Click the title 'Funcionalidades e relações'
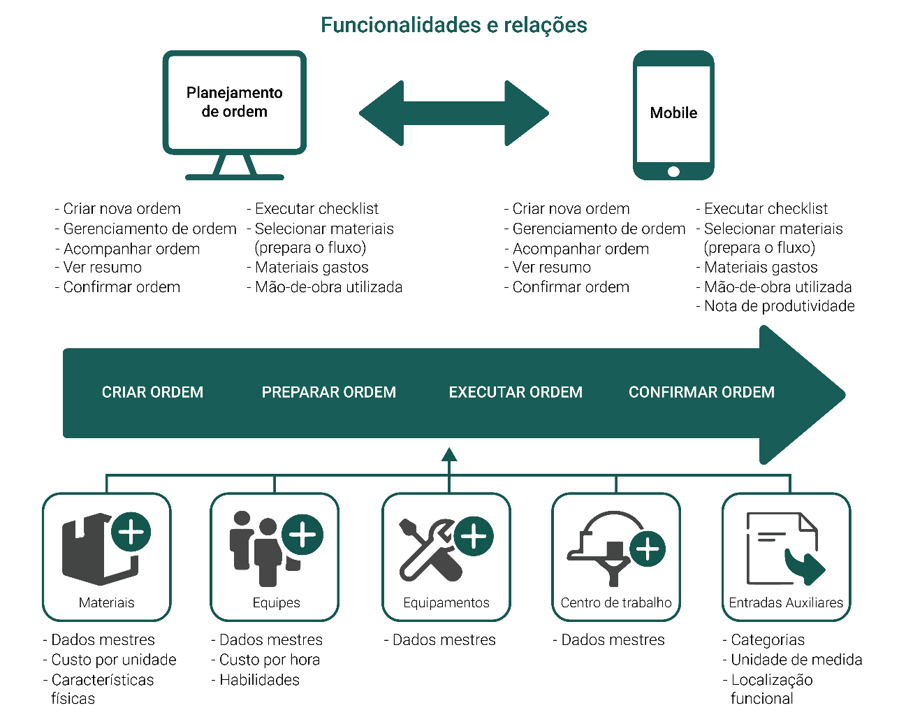[453, 25]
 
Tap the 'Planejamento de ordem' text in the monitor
[235, 102]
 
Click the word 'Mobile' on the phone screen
[673, 113]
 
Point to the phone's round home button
[673, 171]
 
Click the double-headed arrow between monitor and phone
[454, 113]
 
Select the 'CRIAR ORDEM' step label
[152, 392]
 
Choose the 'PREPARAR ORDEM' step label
[329, 392]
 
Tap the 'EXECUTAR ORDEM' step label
[516, 392]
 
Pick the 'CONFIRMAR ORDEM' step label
[701, 392]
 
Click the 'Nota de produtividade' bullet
[775, 306]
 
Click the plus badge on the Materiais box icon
[131, 532]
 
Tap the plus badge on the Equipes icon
[302, 535]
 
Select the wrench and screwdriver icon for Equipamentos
[431, 550]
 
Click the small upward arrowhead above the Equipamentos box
[449, 454]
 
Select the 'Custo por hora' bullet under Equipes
[265, 660]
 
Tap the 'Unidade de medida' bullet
[792, 660]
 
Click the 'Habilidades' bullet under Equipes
[256, 680]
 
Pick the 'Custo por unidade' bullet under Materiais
[110, 660]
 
